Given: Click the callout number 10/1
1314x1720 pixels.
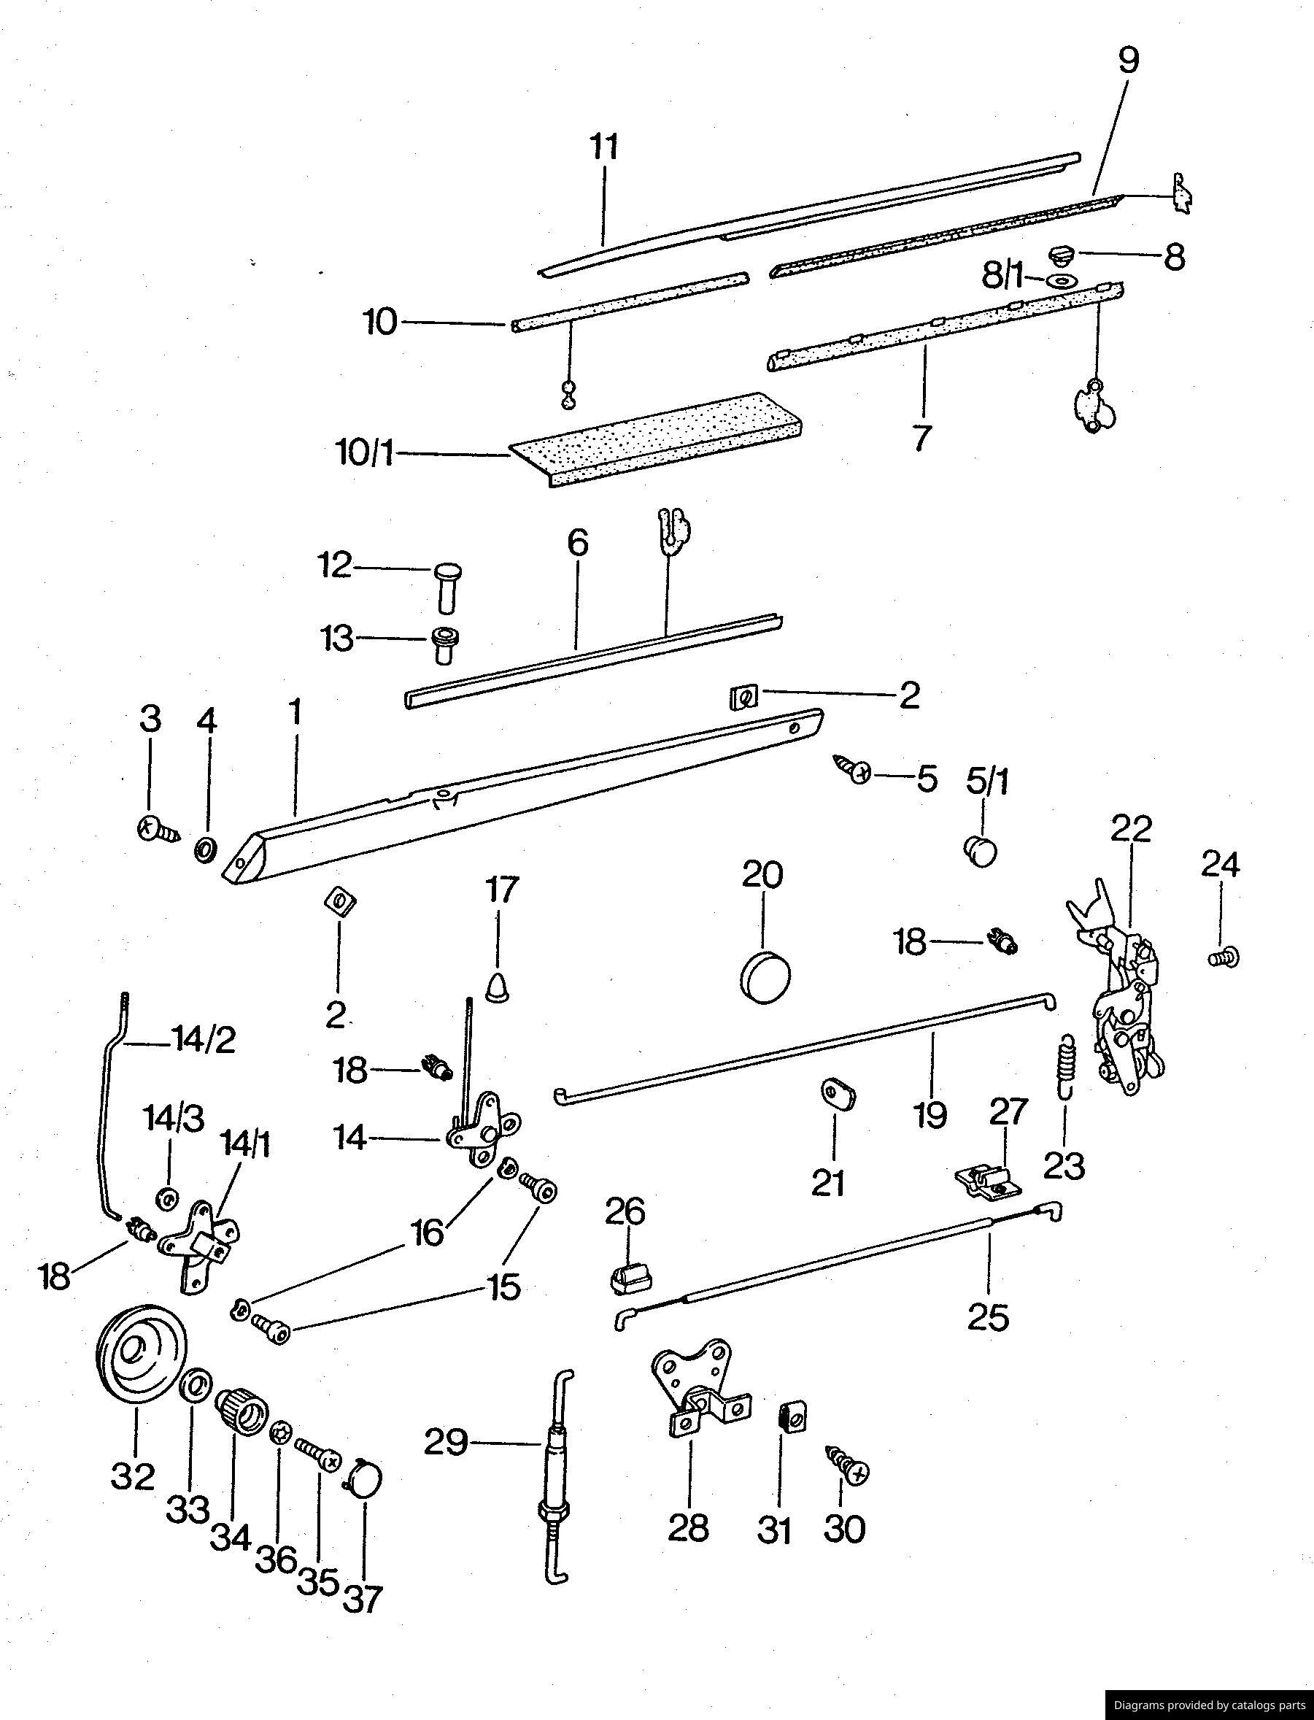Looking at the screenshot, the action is click(366, 454).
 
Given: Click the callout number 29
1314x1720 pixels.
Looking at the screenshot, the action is click(446, 1441).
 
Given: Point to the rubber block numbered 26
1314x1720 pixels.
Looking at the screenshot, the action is click(630, 1281).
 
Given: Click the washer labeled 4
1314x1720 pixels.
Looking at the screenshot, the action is click(206, 849).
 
